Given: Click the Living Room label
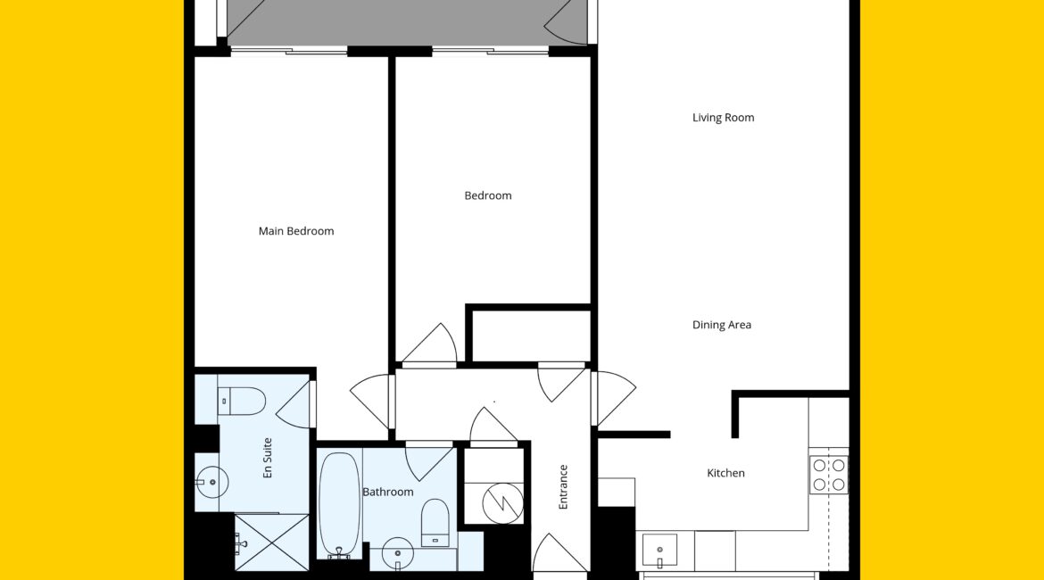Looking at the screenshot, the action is (723, 118).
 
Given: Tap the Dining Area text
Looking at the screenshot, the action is (722, 325).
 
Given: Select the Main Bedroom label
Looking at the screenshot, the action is (296, 231).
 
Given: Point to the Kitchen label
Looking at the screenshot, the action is (725, 473).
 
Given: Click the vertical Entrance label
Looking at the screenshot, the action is (563, 487).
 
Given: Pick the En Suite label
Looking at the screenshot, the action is (268, 458).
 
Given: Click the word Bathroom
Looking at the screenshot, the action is (387, 492).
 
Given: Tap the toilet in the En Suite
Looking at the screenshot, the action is (242, 402).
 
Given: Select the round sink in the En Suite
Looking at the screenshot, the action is (211, 482).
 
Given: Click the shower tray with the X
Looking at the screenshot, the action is (272, 542).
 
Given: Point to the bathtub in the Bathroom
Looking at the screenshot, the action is (340, 506).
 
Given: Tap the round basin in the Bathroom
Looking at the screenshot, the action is (398, 552).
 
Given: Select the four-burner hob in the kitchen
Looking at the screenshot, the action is (829, 475).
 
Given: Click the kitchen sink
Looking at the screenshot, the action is (659, 551).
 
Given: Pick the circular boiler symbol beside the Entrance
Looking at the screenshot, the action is (502, 502).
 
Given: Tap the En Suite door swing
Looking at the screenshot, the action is (295, 404).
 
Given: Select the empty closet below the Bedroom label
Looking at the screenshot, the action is (531, 336).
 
